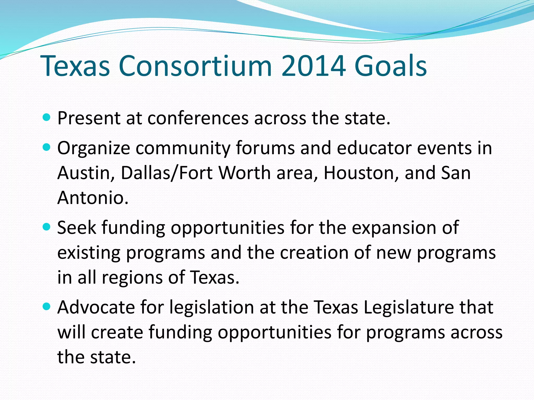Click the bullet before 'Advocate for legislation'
coord(46,307)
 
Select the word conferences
coord(198,118)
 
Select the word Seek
coord(77,228)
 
